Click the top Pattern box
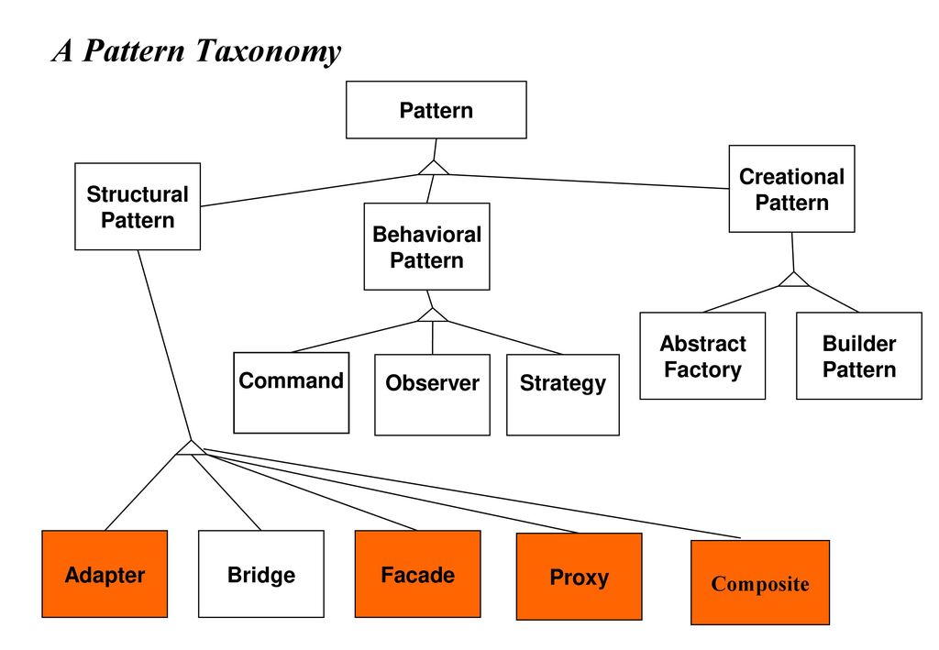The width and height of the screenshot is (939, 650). pos(436,110)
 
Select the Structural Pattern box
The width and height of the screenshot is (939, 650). pos(138,206)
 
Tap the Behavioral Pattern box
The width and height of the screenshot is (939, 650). pos(427,247)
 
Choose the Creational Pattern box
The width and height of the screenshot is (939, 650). pos(791,189)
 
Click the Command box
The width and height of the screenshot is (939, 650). pos(291,392)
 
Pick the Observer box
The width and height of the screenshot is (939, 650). pos(433,394)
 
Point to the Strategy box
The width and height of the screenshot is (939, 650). pos(563,394)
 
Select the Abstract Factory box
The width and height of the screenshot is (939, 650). pos(702,356)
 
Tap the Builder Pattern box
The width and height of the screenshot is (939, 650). pos(858,356)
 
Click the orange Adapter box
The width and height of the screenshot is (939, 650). pos(105,574)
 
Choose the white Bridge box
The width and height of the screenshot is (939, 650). pos(261,574)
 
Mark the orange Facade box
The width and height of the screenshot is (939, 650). pos(418,574)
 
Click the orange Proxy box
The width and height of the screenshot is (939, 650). pos(580,577)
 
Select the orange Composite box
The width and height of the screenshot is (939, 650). pos(760,582)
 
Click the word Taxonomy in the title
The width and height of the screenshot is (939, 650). pos(269,51)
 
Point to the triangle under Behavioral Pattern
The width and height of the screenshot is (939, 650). pos(433,316)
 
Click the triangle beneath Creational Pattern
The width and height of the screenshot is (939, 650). pos(794,281)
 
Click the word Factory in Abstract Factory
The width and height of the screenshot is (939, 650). pos(702,369)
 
